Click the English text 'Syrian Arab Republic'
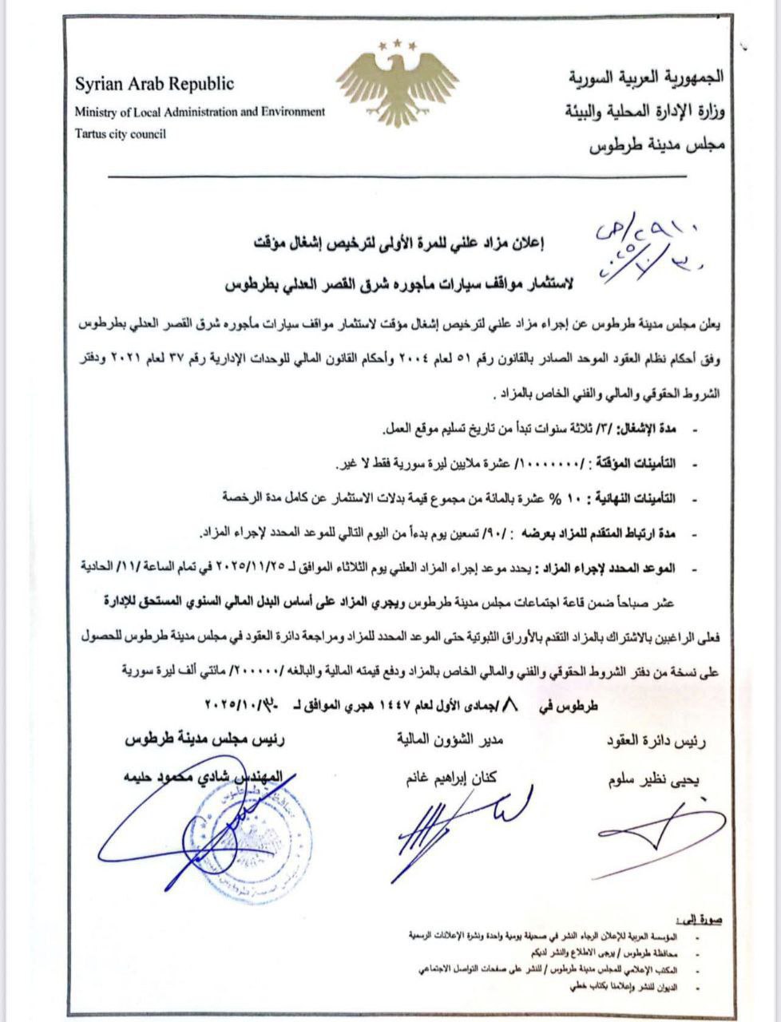[154, 84]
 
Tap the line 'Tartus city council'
[121, 134]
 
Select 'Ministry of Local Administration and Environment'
[200, 112]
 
